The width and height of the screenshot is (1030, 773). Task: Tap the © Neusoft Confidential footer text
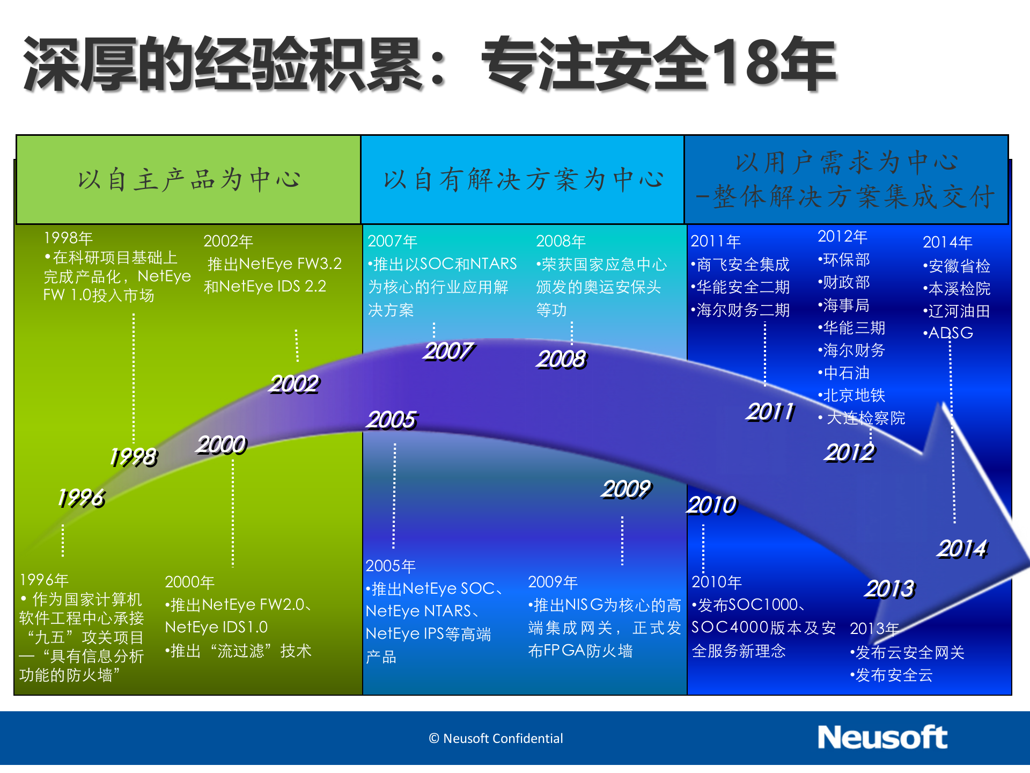(496, 739)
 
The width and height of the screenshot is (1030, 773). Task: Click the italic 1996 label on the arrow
(81, 498)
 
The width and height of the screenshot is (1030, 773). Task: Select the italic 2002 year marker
(294, 384)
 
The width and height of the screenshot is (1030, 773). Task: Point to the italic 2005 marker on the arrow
(392, 420)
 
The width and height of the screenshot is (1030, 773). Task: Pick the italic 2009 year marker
(626, 489)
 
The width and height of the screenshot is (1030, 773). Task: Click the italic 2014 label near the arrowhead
(962, 549)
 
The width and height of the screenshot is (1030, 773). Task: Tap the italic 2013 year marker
(889, 589)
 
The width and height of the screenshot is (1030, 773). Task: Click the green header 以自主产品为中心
(188, 180)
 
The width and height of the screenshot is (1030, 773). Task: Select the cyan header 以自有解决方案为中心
(523, 180)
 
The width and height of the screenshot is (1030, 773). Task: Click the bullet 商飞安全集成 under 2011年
(741, 265)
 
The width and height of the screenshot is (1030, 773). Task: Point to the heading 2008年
(561, 242)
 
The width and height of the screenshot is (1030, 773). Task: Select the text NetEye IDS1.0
(216, 627)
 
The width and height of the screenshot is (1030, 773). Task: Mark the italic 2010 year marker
(712, 505)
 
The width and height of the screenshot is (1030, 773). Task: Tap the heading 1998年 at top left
(68, 238)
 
